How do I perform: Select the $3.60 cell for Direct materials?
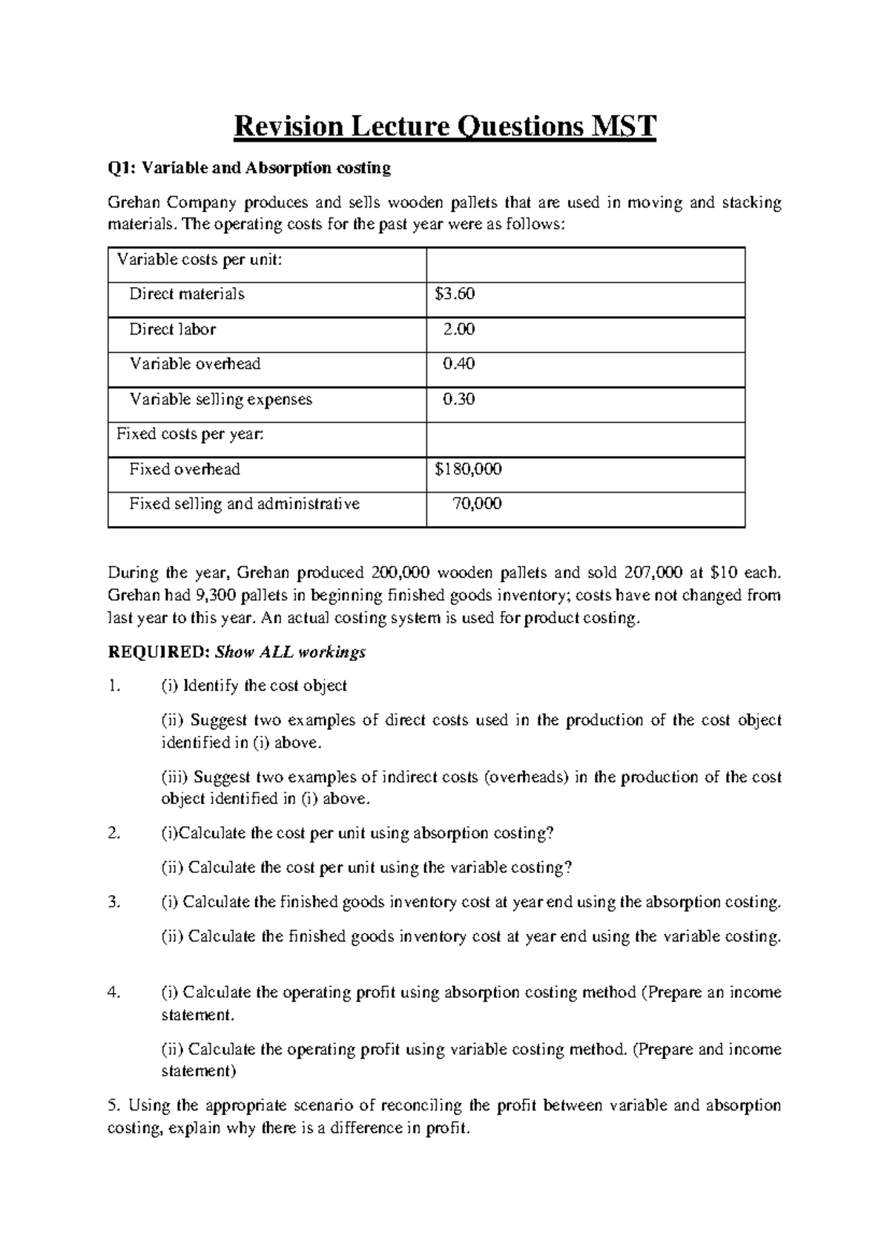(455, 294)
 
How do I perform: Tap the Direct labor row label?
(172, 329)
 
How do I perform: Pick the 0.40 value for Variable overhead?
(458, 364)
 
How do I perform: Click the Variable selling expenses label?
(221, 400)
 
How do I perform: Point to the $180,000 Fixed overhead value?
(468, 470)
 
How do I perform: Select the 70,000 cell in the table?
(477, 504)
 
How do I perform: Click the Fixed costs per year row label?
(190, 434)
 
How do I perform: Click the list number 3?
(113, 903)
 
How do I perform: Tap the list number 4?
(113, 992)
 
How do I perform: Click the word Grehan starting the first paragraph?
(133, 203)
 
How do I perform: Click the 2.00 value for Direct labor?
(458, 329)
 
